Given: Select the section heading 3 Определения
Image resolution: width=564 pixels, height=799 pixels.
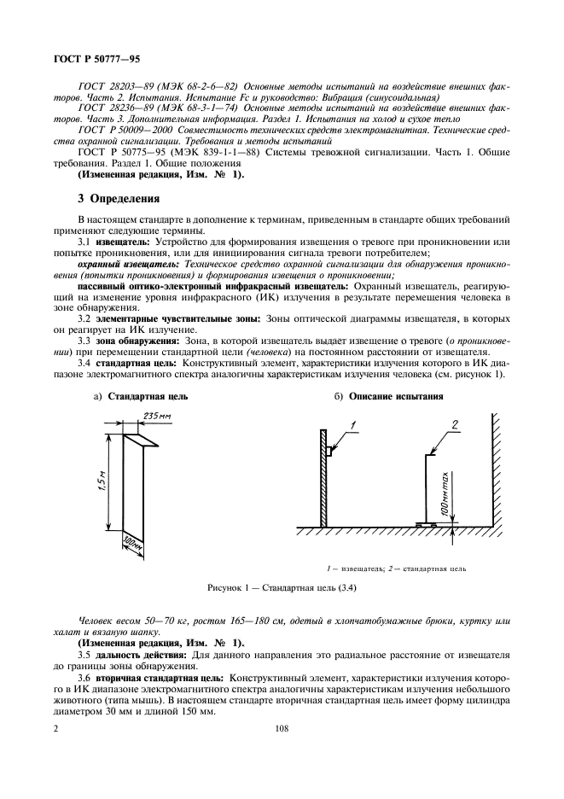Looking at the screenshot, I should (x=119, y=201).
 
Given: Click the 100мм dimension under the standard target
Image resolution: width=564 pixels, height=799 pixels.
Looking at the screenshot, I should (x=130, y=543).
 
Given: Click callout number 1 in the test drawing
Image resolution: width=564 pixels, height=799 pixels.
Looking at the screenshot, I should (x=352, y=424).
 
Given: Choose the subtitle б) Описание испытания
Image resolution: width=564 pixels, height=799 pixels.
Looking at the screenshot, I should (x=392, y=396).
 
